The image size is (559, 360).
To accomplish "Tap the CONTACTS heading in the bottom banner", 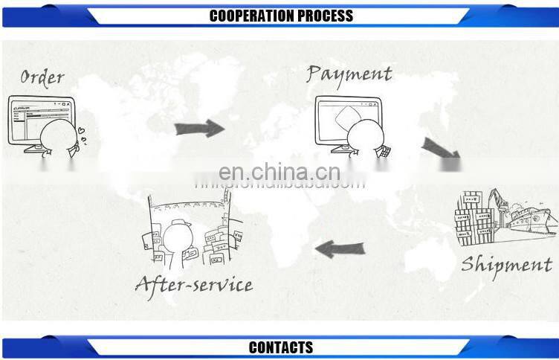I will tap(280, 347).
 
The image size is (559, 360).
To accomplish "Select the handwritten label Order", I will tap(42, 77).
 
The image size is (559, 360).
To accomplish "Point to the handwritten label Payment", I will tap(349, 74).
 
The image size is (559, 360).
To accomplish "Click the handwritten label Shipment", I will tap(505, 265).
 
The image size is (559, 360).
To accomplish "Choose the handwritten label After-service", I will tap(193, 284).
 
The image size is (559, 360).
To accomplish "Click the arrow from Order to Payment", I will tap(199, 128).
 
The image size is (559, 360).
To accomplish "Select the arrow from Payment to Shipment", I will tap(440, 149).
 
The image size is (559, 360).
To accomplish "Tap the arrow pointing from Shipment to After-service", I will tap(340, 248).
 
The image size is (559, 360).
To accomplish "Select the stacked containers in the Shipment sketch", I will tap(474, 216).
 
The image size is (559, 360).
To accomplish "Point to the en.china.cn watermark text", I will tap(281, 173).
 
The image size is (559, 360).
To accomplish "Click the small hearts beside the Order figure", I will tap(84, 137).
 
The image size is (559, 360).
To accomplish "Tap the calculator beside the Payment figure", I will tap(385, 152).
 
